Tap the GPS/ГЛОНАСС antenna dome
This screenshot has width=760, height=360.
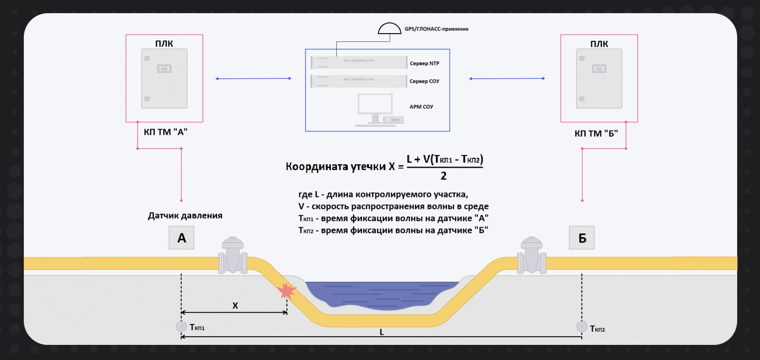click(x=390, y=29)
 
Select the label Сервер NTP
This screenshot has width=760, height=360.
click(x=424, y=63)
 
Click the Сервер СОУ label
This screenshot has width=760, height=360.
click(x=424, y=81)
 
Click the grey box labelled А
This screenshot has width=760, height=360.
click(x=182, y=238)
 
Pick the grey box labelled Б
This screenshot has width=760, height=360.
click(x=582, y=238)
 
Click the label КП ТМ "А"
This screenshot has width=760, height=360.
click(x=166, y=132)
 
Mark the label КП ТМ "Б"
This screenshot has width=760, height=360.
click(x=596, y=133)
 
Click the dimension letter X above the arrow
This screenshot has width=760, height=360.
click(x=235, y=306)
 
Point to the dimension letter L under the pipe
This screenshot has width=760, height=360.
click(x=381, y=332)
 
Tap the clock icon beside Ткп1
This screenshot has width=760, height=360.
click(x=181, y=326)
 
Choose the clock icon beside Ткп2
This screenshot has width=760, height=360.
click(x=582, y=326)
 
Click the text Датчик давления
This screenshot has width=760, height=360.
click(x=185, y=215)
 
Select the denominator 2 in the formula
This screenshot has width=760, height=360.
click(x=443, y=176)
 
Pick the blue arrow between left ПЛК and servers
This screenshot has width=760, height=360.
click(x=253, y=78)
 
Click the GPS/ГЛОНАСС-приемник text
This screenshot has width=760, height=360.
click(x=437, y=29)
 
